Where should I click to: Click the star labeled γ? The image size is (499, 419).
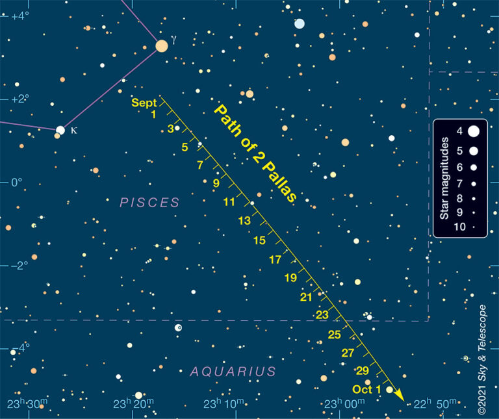tap(162, 45)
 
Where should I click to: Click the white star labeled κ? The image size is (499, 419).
tap(60, 130)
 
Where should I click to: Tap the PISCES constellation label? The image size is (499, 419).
tap(149, 203)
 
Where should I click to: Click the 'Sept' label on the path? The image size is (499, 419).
tap(144, 103)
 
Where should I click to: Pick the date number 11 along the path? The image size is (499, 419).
tap(229, 202)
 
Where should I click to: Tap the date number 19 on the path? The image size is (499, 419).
tap(290, 278)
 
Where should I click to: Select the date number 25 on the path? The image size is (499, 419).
tap(335, 335)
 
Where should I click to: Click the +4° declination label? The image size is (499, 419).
tap(20, 16)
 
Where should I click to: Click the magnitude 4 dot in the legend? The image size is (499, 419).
tap(473, 131)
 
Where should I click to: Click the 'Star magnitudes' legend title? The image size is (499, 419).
tap(444, 178)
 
